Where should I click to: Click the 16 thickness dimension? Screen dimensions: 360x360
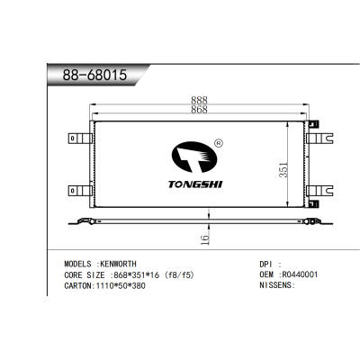click(204, 239)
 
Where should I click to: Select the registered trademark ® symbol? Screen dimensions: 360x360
click(219, 142)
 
